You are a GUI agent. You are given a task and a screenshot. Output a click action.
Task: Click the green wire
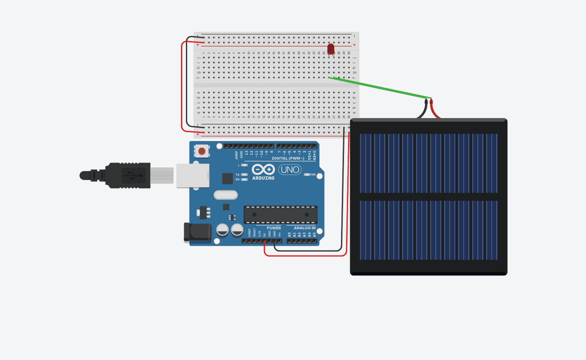tap(380, 88)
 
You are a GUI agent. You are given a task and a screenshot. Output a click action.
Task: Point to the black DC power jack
tap(192, 232)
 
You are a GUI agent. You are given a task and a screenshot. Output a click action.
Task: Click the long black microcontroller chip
tap(280, 214)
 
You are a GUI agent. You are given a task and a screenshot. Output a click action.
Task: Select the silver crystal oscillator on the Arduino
tap(226, 195)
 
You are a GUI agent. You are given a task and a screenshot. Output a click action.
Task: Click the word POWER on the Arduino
tap(274, 228)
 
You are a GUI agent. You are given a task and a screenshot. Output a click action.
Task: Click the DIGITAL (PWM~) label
tap(288, 158)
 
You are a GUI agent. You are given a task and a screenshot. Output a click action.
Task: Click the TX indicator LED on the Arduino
tap(244, 175)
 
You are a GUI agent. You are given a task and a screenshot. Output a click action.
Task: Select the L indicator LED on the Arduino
tap(244, 165)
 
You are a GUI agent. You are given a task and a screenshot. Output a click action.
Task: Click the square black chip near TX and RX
tap(227, 178)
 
